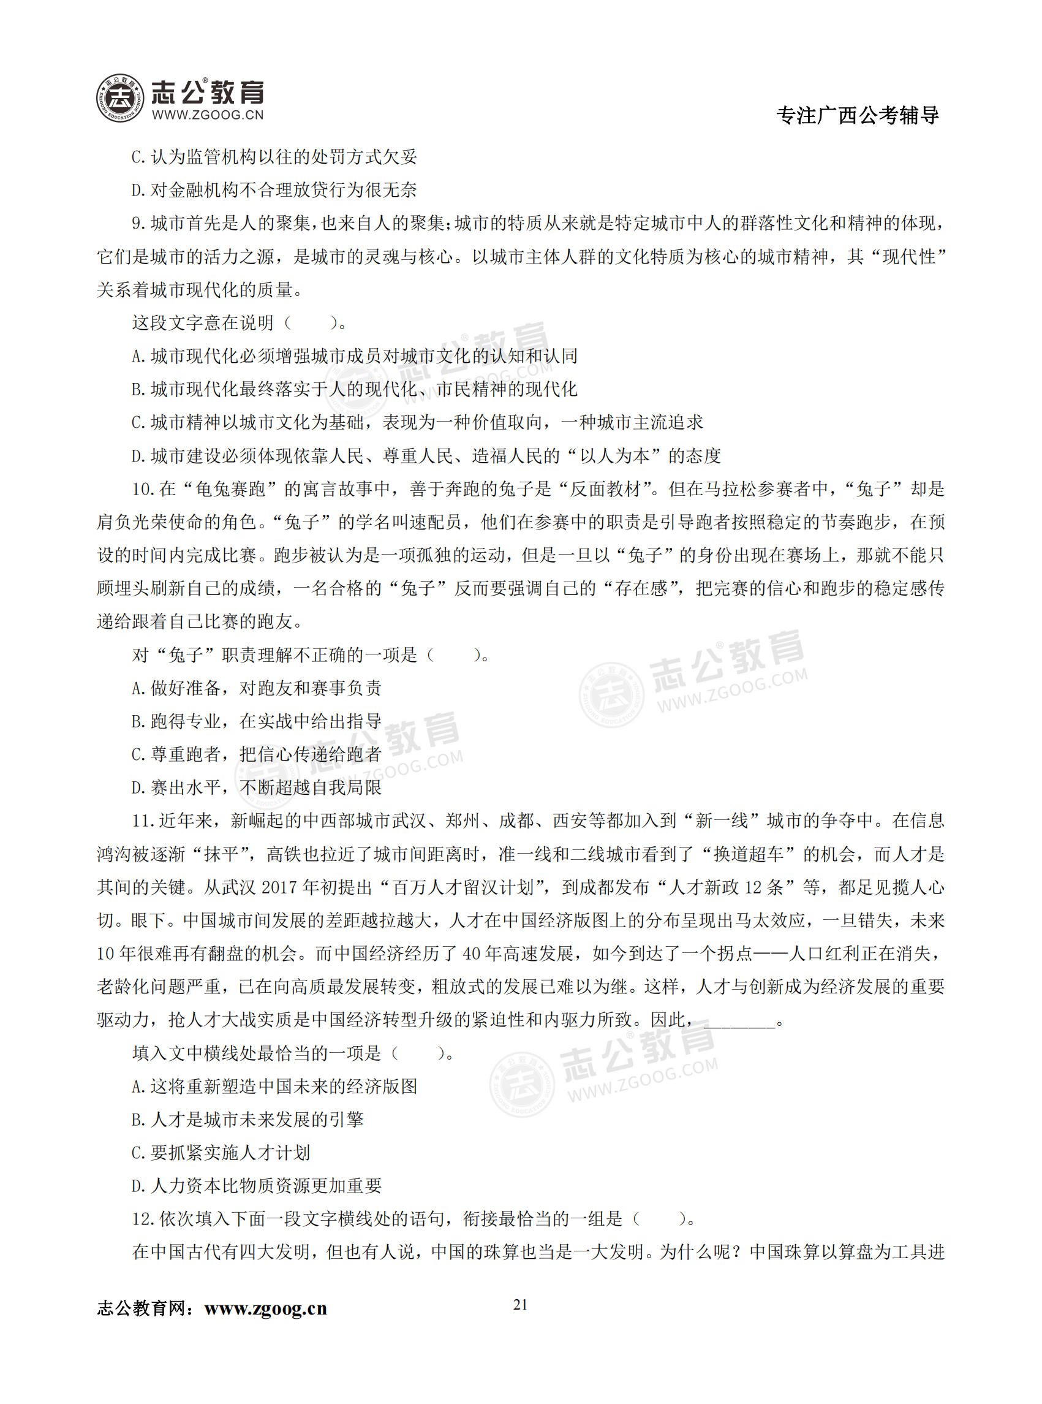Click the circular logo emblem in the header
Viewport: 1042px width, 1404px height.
click(x=120, y=98)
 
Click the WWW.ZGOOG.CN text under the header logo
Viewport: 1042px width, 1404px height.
click(x=208, y=115)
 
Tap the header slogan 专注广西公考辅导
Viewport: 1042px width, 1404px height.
click(x=857, y=115)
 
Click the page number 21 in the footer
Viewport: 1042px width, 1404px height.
click(x=520, y=1304)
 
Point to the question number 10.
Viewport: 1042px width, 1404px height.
click(x=143, y=489)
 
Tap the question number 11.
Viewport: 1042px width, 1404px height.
click(x=143, y=821)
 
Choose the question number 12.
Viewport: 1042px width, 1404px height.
click(x=143, y=1218)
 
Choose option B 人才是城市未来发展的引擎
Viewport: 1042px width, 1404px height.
click(x=248, y=1120)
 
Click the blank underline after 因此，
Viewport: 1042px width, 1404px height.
click(x=739, y=1020)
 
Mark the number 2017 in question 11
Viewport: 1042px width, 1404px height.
click(x=279, y=888)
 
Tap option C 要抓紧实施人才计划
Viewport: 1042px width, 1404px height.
click(x=221, y=1153)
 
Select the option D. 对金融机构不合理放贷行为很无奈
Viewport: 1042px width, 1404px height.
click(x=274, y=190)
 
